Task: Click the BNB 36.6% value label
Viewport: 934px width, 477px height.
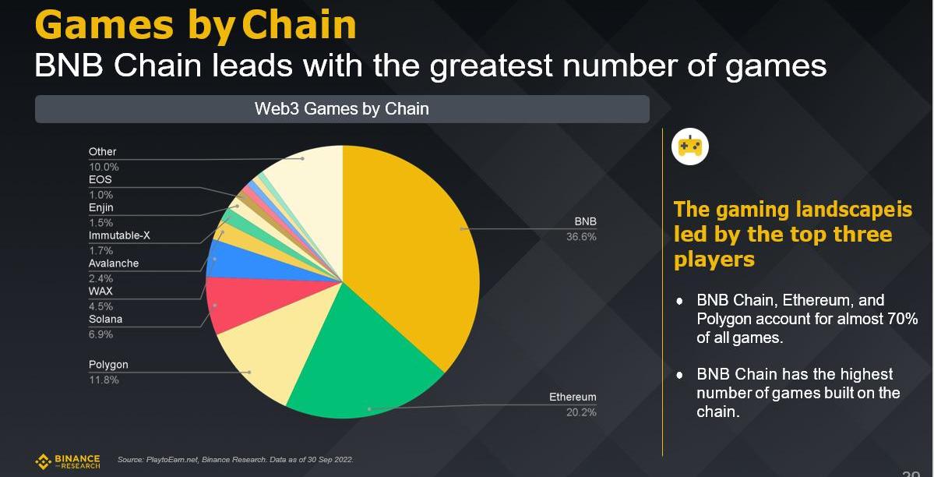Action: tap(581, 237)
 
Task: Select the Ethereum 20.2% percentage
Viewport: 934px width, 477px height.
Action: tap(581, 412)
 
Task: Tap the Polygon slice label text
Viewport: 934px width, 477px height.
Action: tap(108, 365)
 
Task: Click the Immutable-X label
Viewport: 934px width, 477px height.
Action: tap(118, 235)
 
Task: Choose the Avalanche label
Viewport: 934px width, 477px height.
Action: tap(114, 263)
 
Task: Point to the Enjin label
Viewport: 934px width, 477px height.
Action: tap(102, 207)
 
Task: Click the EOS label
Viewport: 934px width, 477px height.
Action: tap(100, 179)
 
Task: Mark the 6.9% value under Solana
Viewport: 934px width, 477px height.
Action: tap(100, 334)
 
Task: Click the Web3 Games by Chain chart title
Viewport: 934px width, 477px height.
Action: tap(341, 108)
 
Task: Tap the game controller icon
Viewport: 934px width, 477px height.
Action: tap(689, 146)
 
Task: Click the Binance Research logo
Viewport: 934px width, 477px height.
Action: tap(68, 461)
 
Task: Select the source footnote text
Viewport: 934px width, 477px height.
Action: tap(234, 460)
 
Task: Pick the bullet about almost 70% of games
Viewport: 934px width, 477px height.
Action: tap(806, 319)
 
